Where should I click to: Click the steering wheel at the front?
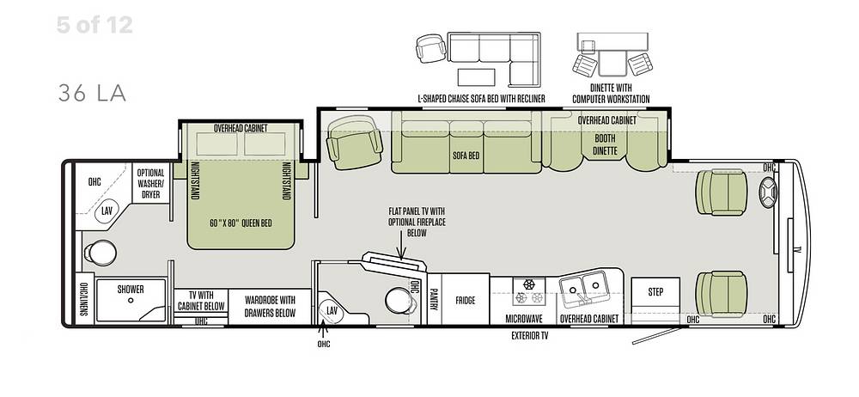click(x=767, y=192)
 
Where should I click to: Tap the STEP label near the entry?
click(x=655, y=291)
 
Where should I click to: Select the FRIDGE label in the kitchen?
click(x=465, y=301)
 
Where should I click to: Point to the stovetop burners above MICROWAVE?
click(x=528, y=291)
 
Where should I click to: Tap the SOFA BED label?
click(x=466, y=156)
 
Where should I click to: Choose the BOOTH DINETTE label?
click(x=606, y=144)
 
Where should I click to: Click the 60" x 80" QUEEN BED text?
click(x=241, y=223)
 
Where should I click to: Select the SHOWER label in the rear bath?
click(x=131, y=289)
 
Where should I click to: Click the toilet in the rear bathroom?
click(x=100, y=253)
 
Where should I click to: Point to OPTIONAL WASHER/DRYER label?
click(x=150, y=182)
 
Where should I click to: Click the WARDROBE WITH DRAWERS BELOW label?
click(x=270, y=307)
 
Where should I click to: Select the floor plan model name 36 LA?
click(x=92, y=94)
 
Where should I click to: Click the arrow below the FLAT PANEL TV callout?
click(x=402, y=248)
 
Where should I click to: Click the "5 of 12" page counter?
click(x=94, y=25)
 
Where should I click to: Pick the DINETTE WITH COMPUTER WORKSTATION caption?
click(x=611, y=93)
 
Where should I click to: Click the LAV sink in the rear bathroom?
click(x=107, y=211)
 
